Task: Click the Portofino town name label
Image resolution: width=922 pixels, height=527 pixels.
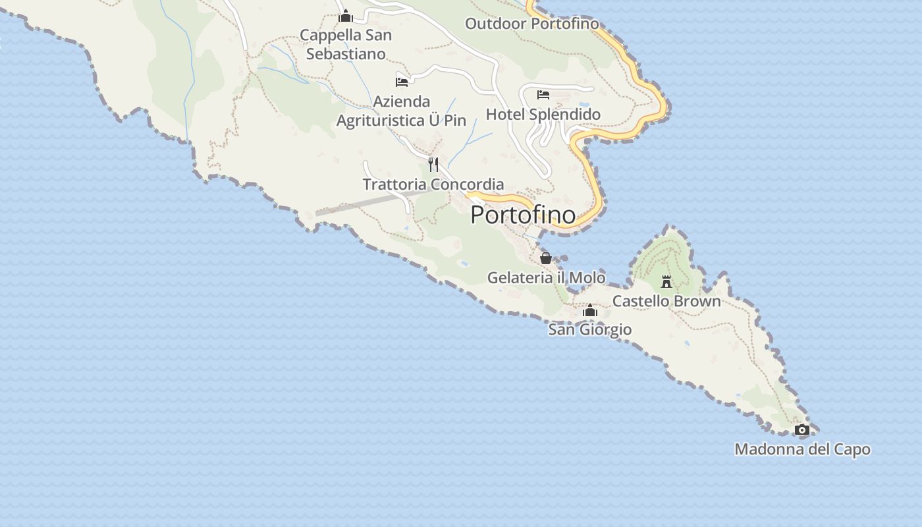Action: pos(523,215)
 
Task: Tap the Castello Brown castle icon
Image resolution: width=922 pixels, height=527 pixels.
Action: pos(666,282)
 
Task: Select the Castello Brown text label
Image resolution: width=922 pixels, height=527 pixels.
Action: pos(666,301)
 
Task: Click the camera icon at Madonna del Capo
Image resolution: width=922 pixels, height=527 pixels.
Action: pos(801,430)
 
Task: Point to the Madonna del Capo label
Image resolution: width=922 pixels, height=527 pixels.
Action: pos(802,449)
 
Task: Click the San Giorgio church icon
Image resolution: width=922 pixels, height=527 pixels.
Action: pos(590,310)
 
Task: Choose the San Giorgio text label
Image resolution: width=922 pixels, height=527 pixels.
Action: pos(590,329)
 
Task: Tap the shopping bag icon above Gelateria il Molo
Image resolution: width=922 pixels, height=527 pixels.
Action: pos(545,258)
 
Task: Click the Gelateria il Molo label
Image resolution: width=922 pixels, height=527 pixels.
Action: pos(546,277)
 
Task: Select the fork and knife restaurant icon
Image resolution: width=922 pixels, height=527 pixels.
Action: pos(433,164)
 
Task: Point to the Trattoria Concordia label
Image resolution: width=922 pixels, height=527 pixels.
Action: pos(433,184)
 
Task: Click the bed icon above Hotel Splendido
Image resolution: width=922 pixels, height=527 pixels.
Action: pos(543,95)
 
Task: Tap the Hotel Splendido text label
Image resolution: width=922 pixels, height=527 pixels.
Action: pos(543,115)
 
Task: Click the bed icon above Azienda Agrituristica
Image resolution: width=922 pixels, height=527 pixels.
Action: pos(402,82)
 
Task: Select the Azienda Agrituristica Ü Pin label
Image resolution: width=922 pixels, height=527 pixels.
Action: pos(401,111)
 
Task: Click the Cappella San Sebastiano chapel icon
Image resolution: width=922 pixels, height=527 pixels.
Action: pos(345,16)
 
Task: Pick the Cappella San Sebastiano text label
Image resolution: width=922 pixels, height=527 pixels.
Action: pos(346,44)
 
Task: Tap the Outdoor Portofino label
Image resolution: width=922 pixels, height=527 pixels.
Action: pos(532,24)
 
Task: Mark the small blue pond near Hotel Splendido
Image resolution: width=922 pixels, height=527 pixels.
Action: pos(584,105)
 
